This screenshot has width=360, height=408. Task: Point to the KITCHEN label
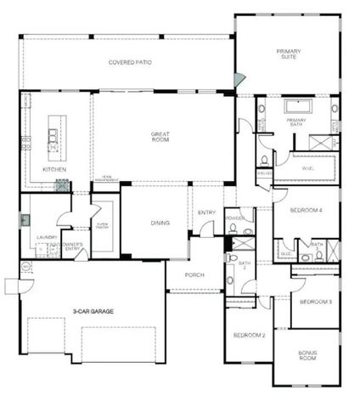pos(54,169)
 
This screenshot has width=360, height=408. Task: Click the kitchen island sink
pos(53,137)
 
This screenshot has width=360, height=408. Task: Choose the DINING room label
pos(160,223)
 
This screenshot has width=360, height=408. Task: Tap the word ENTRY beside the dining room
pos(206,212)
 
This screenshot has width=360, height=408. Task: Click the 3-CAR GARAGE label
pos(94,311)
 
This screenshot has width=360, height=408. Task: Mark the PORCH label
pos(194,274)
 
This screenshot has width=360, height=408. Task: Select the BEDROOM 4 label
pos(305,209)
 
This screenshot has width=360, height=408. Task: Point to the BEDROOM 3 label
pos(315,302)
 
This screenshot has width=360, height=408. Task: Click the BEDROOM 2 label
pos(249,335)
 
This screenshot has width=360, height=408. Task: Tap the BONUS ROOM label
pos(307,356)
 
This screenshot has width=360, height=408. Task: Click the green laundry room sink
pos(25,219)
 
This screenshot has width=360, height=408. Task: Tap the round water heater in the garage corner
pos(25,267)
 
